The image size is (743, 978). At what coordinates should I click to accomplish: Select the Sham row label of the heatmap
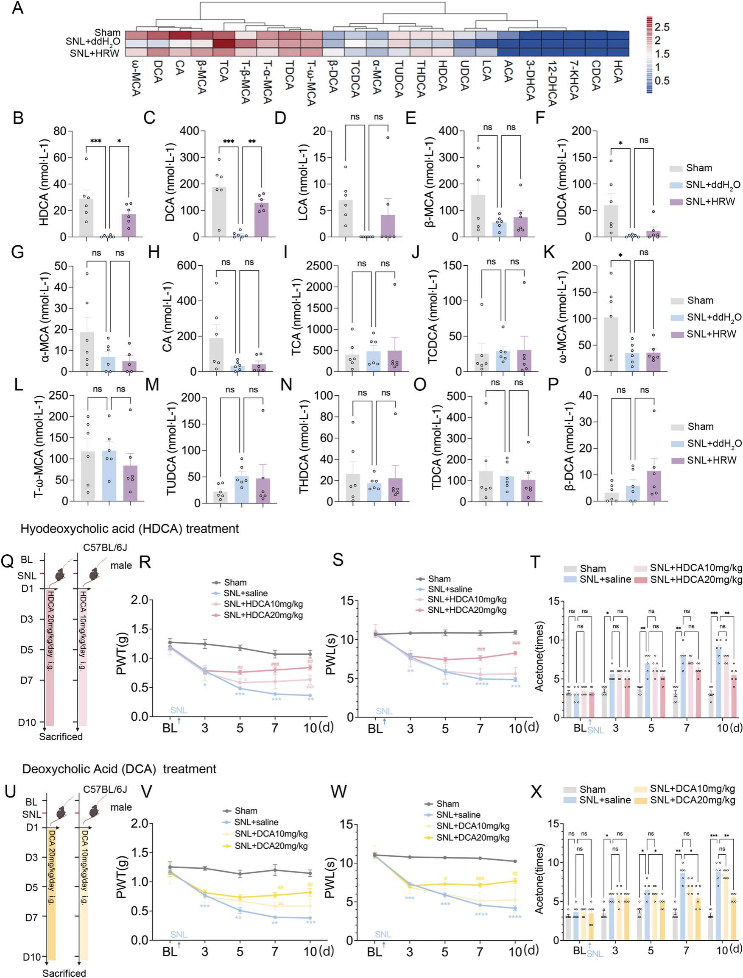coord(108,33)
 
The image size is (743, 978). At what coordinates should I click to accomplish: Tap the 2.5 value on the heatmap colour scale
coord(662,27)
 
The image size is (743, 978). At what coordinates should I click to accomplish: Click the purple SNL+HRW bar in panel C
coord(261,220)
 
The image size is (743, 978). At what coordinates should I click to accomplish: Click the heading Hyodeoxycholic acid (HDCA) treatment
coord(130,529)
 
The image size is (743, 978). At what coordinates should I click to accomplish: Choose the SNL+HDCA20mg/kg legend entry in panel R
coord(263,615)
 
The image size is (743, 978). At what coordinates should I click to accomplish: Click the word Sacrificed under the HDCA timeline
coord(61,736)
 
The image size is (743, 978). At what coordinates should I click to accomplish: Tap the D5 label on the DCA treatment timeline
coord(31,887)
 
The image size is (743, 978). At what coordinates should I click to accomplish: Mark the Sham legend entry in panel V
coord(246,811)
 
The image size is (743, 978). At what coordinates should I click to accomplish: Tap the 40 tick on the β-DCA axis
coord(586,396)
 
